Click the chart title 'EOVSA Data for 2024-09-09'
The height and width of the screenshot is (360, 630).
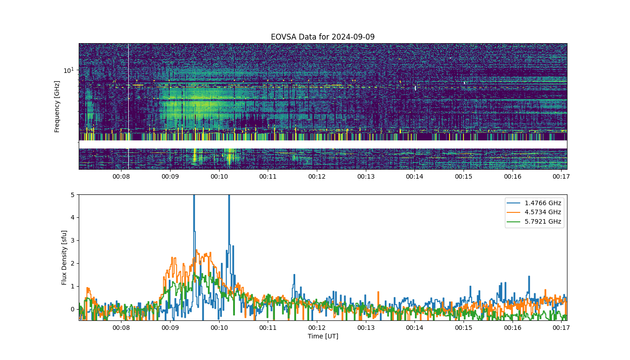[323, 37]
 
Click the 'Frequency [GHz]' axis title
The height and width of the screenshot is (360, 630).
[57, 107]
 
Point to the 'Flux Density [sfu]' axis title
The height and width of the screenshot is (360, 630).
[64, 257]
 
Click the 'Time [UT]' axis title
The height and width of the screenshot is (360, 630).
[323, 336]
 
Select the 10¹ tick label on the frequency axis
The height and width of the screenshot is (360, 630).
[68, 70]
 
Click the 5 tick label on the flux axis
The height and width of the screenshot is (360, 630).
[73, 194]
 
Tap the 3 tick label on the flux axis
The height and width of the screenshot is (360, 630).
[73, 240]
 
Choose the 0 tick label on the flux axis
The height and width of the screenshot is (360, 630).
[73, 310]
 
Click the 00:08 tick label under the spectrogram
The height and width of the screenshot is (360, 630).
[121, 176]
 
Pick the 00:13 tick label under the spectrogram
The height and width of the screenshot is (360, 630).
[366, 176]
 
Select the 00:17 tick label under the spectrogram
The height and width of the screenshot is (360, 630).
[562, 176]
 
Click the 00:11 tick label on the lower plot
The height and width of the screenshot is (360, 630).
[268, 328]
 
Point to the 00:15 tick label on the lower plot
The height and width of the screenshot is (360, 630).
[463, 328]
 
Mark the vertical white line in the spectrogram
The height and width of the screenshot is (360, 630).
[129, 106]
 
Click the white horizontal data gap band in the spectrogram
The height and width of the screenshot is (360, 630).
[323, 144]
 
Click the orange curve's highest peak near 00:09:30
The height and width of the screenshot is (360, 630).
[196, 250]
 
